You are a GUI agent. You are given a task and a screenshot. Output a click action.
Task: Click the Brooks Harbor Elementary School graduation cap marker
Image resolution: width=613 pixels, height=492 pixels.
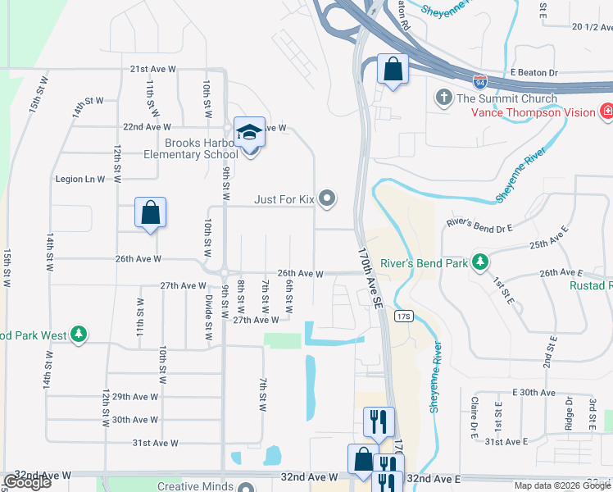[x=249, y=132]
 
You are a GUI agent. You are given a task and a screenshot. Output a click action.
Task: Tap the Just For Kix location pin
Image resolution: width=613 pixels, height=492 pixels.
[x=328, y=198]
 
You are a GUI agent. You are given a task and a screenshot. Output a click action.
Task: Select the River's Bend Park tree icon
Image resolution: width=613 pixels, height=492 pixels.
[x=479, y=262]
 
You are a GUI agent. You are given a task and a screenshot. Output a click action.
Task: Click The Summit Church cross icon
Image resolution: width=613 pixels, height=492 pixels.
[x=444, y=98]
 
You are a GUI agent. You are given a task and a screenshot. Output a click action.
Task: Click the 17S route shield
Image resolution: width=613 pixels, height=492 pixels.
[x=402, y=316]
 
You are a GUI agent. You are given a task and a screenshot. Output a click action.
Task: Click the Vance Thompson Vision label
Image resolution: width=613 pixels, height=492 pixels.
[x=526, y=112]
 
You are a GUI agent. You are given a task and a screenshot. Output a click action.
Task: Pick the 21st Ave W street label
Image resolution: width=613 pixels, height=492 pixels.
[x=153, y=70]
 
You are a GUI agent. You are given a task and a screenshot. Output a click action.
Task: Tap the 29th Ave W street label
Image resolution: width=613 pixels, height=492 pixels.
[x=134, y=397]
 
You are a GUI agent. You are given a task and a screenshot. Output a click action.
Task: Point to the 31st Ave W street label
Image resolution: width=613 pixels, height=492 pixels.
[x=156, y=443]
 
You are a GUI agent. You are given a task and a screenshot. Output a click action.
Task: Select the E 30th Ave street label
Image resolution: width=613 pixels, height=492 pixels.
[x=534, y=393]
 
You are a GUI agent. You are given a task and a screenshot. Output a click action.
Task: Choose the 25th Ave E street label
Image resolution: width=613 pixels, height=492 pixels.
[x=549, y=244]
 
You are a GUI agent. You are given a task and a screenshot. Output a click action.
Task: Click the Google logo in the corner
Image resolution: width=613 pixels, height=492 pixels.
[x=28, y=482]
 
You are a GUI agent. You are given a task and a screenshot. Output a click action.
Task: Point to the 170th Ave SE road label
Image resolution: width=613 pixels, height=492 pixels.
[x=369, y=279]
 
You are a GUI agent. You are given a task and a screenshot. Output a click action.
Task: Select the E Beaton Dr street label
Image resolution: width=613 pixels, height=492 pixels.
[x=534, y=73]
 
